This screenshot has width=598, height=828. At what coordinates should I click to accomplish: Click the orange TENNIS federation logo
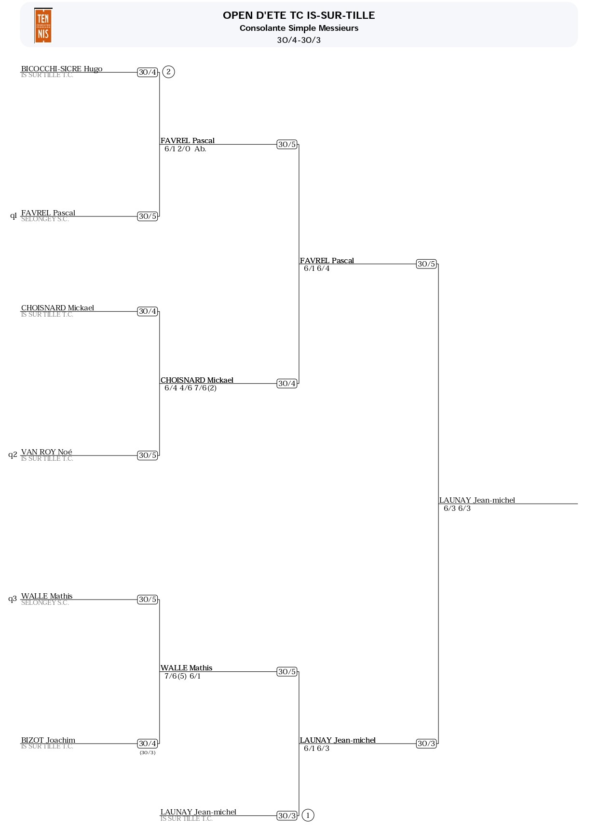43,26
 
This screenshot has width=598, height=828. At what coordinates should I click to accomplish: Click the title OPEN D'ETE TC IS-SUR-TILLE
299,15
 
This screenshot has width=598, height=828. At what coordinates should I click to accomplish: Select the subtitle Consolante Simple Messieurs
299,28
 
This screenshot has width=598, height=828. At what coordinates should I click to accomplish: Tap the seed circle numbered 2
168,72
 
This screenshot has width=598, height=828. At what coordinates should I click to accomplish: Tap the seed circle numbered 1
308,815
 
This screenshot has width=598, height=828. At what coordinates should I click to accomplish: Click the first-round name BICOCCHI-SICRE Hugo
62,68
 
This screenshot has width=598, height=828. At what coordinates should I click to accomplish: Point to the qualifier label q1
14,215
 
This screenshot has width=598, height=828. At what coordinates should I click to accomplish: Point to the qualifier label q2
13,454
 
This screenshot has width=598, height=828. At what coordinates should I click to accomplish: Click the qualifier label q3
13,599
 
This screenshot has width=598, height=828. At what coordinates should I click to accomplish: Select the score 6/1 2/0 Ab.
185,149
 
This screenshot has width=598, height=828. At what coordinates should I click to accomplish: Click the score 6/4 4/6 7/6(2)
190,388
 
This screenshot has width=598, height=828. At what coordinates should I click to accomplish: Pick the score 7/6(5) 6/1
182,676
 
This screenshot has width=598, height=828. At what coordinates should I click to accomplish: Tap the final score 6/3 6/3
457,508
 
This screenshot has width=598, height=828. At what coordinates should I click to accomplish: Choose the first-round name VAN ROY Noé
47,452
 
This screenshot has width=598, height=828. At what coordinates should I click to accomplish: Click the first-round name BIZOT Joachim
48,740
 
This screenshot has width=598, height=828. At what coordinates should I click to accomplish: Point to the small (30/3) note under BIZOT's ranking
148,752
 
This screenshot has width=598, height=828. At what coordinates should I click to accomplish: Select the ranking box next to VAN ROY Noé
148,455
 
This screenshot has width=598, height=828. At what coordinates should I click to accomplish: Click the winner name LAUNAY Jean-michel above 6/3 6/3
477,500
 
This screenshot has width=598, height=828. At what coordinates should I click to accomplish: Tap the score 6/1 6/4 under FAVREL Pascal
317,268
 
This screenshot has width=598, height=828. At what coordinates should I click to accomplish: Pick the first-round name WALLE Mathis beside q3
47,596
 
